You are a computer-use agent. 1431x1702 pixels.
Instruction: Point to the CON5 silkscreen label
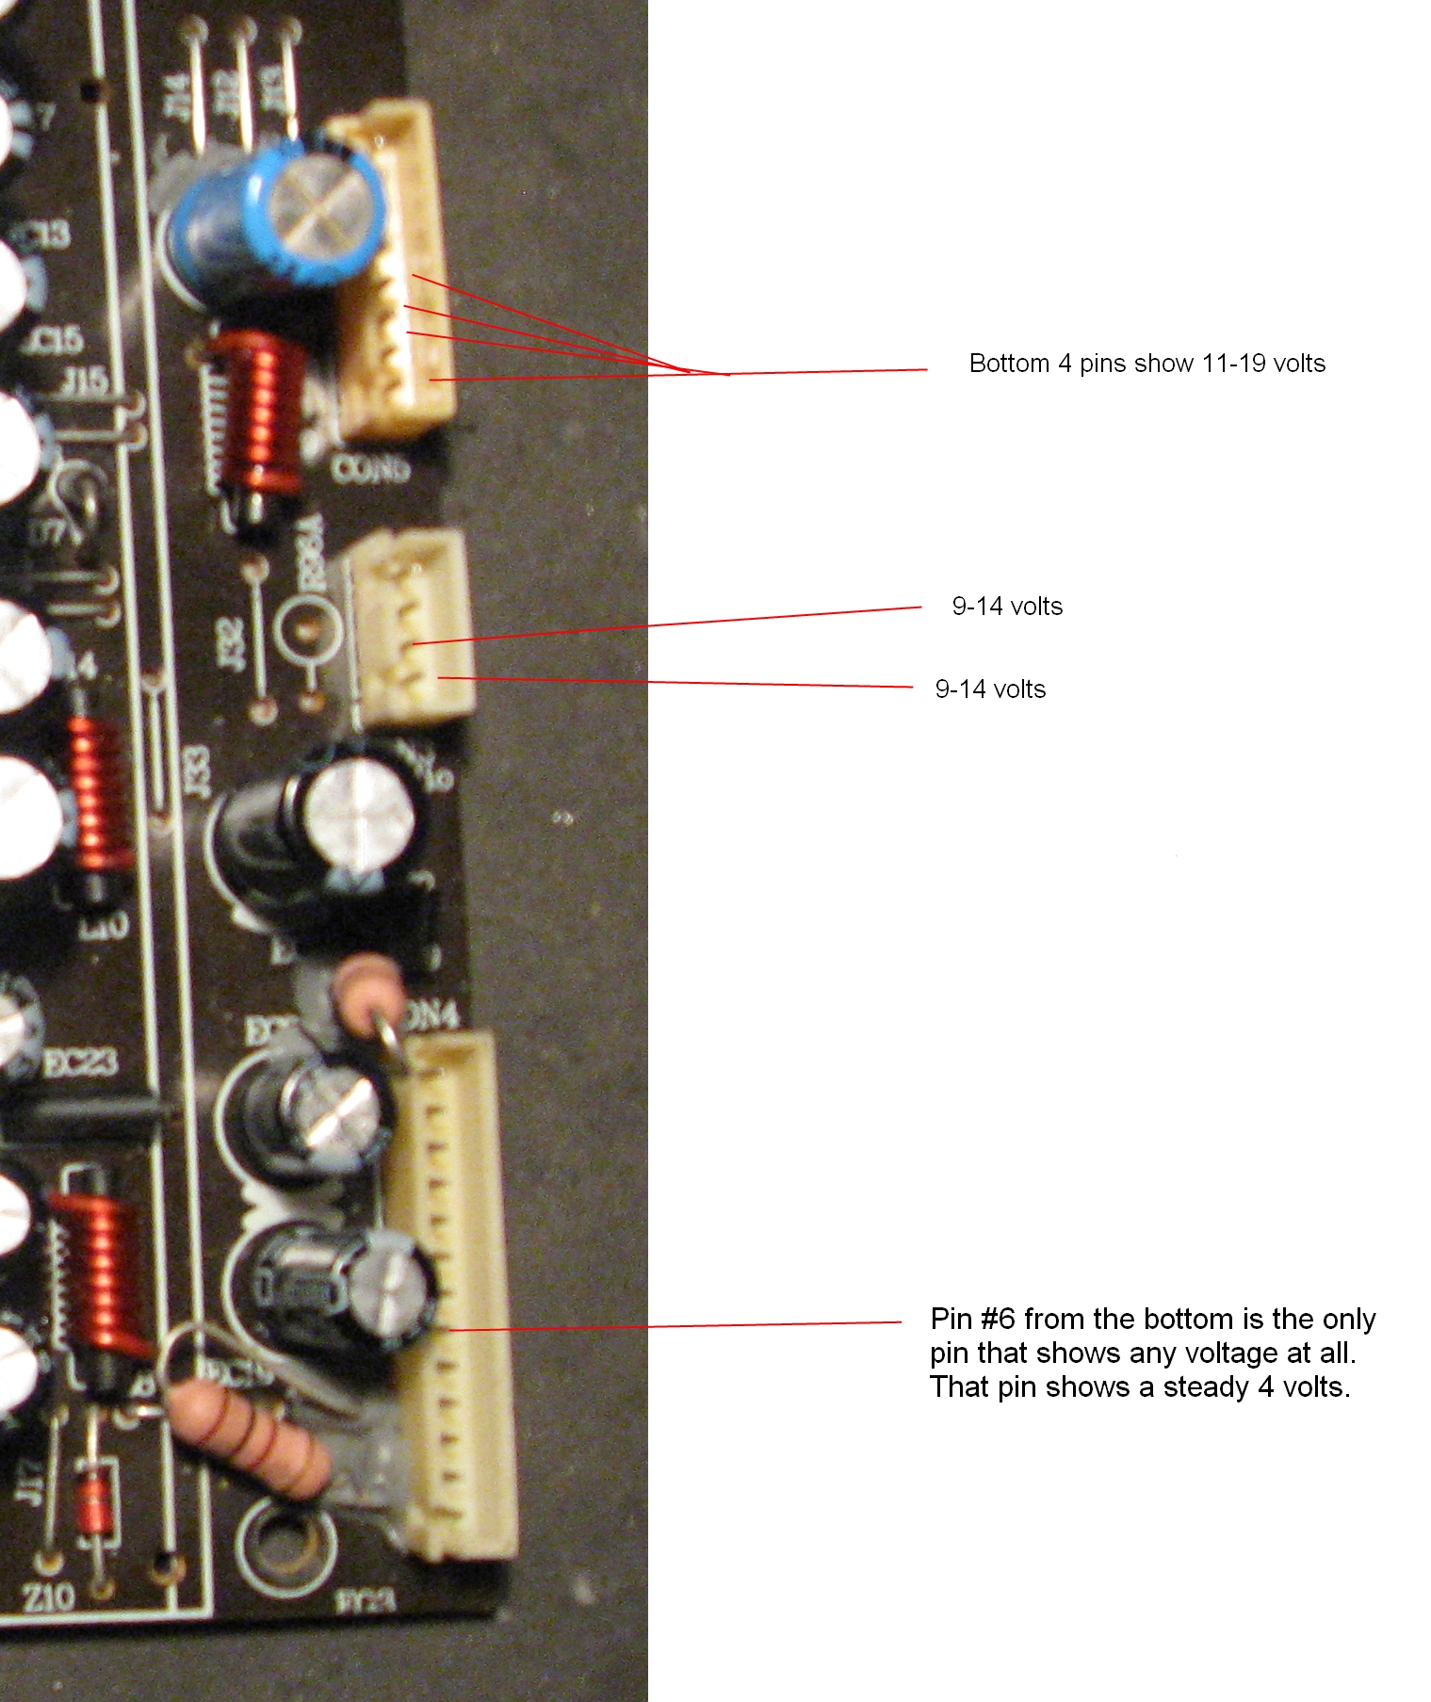[x=370, y=468]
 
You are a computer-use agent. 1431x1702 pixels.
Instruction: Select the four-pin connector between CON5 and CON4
[x=411, y=625]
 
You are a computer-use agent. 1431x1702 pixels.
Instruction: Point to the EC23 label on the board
[x=81, y=1063]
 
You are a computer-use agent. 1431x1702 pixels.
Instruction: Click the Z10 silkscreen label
[x=49, y=1597]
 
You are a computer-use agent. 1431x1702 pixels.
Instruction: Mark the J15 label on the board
[x=85, y=381]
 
